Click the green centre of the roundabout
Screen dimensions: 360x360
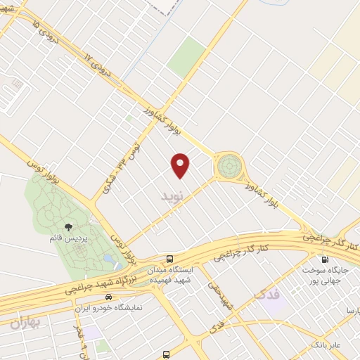pos(228,167)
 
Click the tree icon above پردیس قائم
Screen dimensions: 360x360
pos(69,226)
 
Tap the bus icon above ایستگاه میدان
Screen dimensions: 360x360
pos(169,259)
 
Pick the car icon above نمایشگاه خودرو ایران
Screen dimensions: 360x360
pos(108,297)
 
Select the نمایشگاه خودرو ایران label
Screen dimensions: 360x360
pos(108,308)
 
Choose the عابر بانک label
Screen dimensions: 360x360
pos(327,345)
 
